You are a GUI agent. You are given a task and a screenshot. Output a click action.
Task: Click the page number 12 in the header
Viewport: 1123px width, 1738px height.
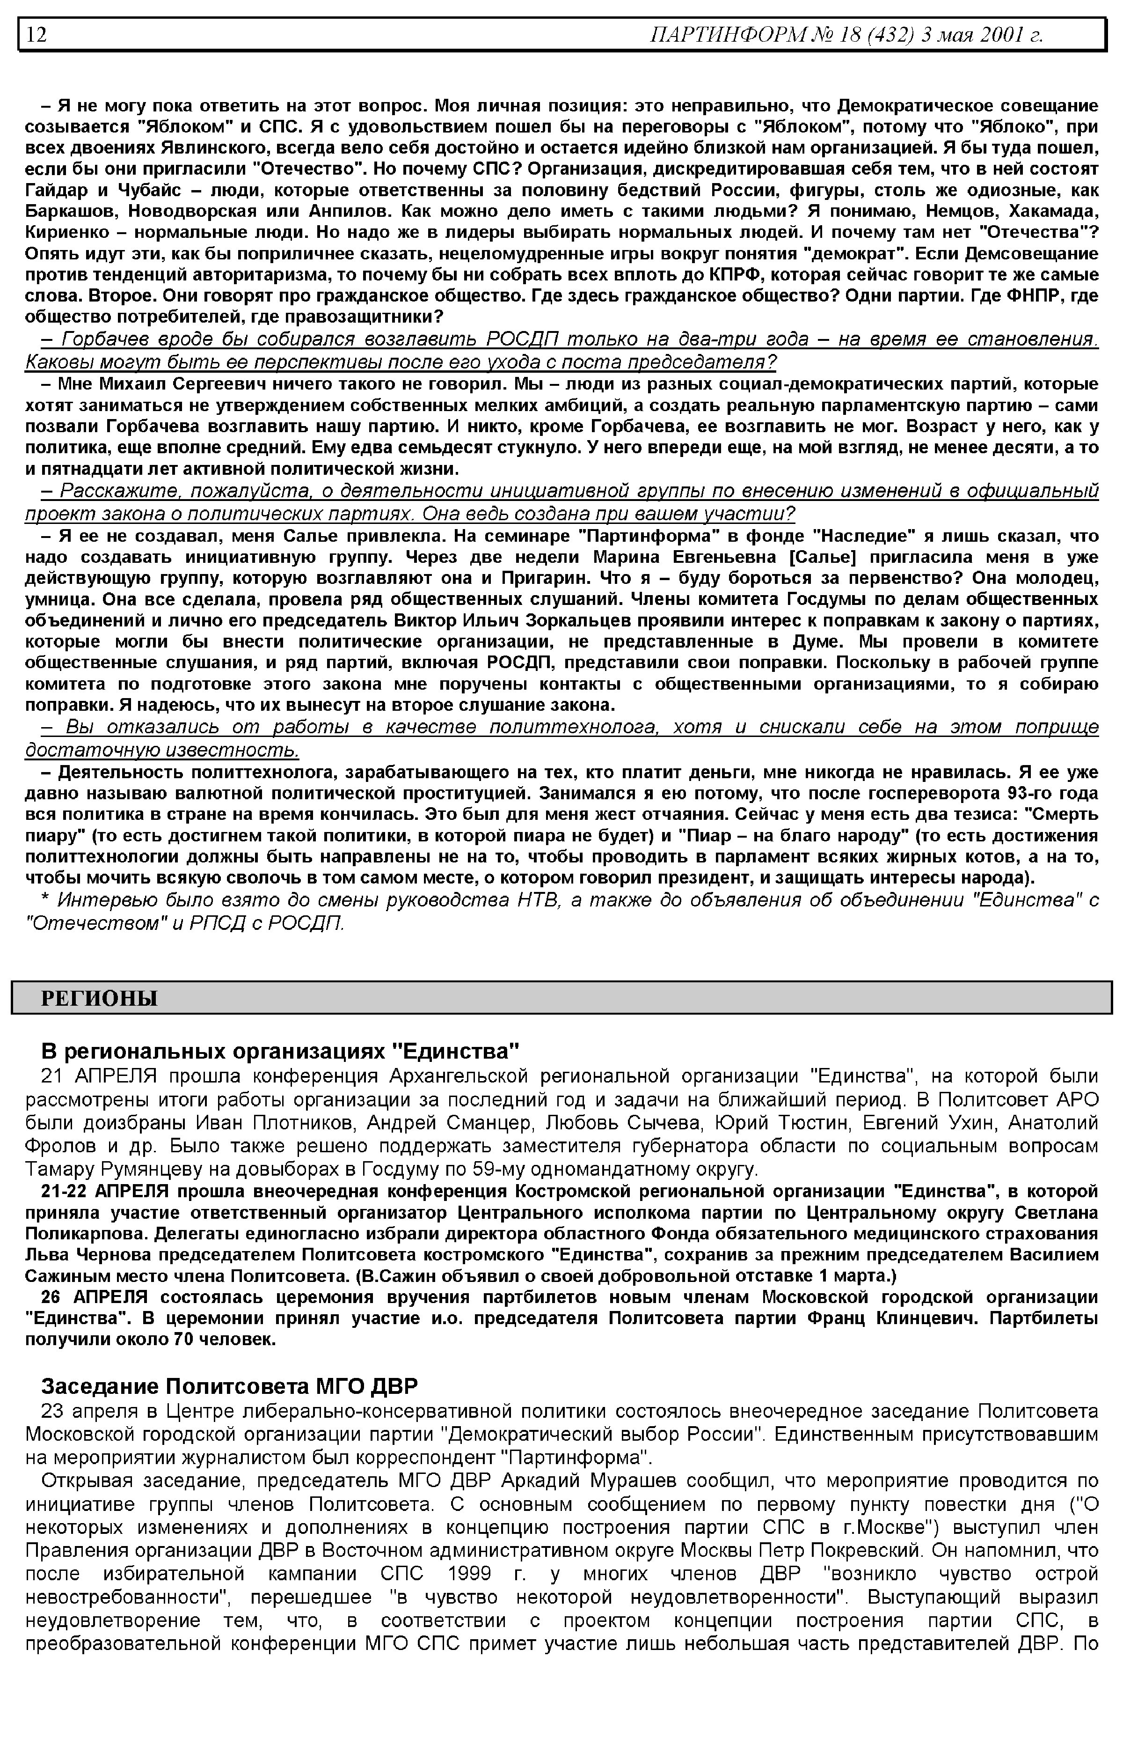coord(36,34)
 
